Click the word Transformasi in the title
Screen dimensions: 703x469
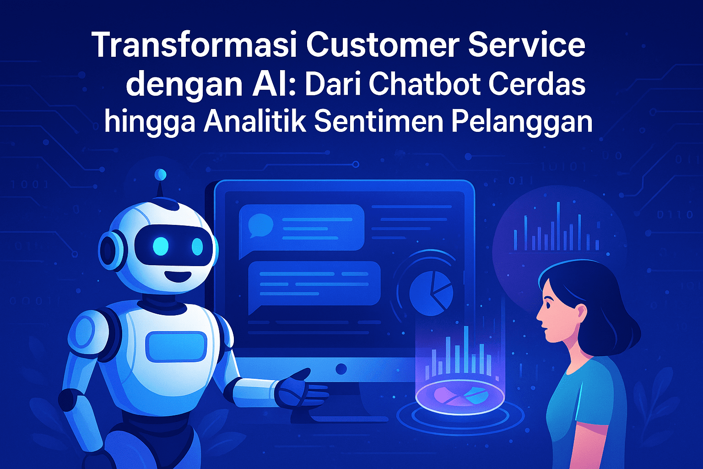click(x=194, y=44)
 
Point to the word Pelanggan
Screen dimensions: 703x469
click(x=522, y=124)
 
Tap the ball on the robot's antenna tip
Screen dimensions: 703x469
click(x=160, y=175)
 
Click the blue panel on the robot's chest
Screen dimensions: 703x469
click(x=176, y=347)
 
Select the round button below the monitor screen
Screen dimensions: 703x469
click(x=341, y=369)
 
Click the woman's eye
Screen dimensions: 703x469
click(x=548, y=304)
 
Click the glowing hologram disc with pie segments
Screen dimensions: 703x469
click(x=460, y=397)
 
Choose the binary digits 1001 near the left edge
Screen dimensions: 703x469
click(x=30, y=184)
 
